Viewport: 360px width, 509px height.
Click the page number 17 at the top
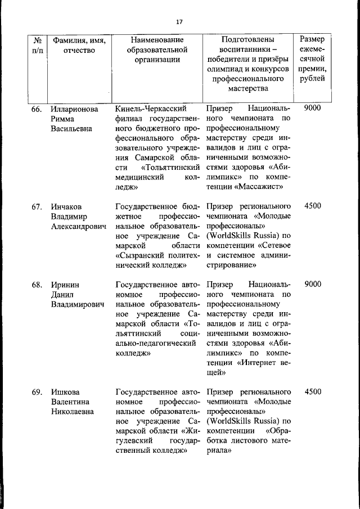point(179,22)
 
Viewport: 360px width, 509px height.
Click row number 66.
point(37,109)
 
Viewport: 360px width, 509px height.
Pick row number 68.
point(37,285)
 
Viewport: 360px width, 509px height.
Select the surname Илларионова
point(74,109)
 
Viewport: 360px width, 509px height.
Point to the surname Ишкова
point(65,392)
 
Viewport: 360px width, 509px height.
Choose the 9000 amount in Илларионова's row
point(312,108)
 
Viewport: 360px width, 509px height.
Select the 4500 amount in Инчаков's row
point(312,206)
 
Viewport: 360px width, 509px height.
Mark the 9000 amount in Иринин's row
point(312,285)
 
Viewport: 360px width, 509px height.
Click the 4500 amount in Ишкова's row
point(312,392)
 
